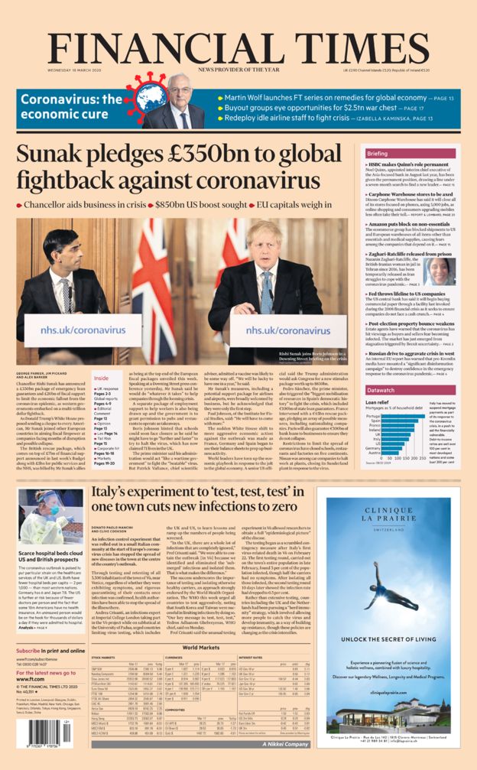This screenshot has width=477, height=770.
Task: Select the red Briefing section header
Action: (382, 153)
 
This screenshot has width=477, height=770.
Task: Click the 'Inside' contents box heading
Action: (101, 378)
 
